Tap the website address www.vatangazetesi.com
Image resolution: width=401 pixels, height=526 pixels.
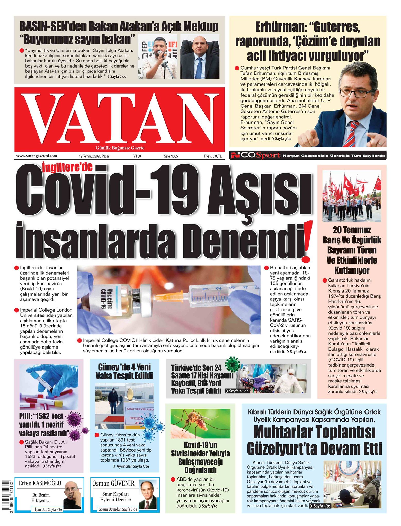37,156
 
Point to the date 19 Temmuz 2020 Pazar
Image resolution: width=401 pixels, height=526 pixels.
94,156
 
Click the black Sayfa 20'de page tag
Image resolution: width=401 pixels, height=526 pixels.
237,391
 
